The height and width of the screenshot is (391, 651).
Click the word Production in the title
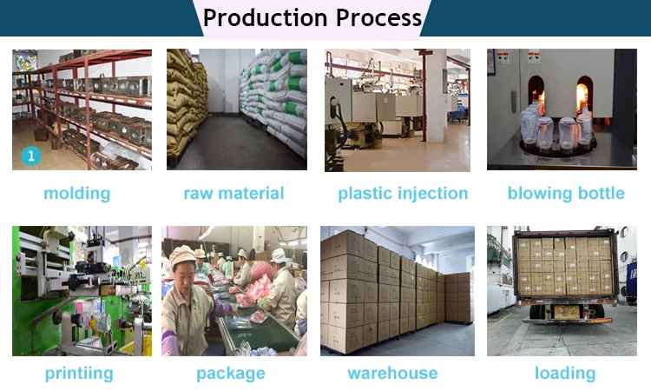pos(266,18)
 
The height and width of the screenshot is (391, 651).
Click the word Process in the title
pos(379,18)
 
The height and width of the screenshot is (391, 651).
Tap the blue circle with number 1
pos(31,156)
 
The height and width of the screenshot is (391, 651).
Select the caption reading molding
pos(76,194)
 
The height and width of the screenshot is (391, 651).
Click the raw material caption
pos(233,193)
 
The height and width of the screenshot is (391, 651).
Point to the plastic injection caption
pos(403,194)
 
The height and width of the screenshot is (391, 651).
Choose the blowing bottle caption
pos(566,193)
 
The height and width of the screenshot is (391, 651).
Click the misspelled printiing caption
pos(79,373)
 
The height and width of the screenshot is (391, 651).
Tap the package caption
pos(230,374)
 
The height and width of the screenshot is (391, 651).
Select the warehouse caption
pos(392,373)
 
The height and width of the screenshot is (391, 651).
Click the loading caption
pos(565,373)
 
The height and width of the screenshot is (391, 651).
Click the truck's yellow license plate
pos(566,311)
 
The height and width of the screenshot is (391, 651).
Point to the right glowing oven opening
pos(584,96)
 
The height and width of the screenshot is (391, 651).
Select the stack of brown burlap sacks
pos(186,104)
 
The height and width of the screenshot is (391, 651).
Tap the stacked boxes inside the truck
pos(565,266)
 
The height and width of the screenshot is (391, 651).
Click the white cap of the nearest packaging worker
pos(182,255)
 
